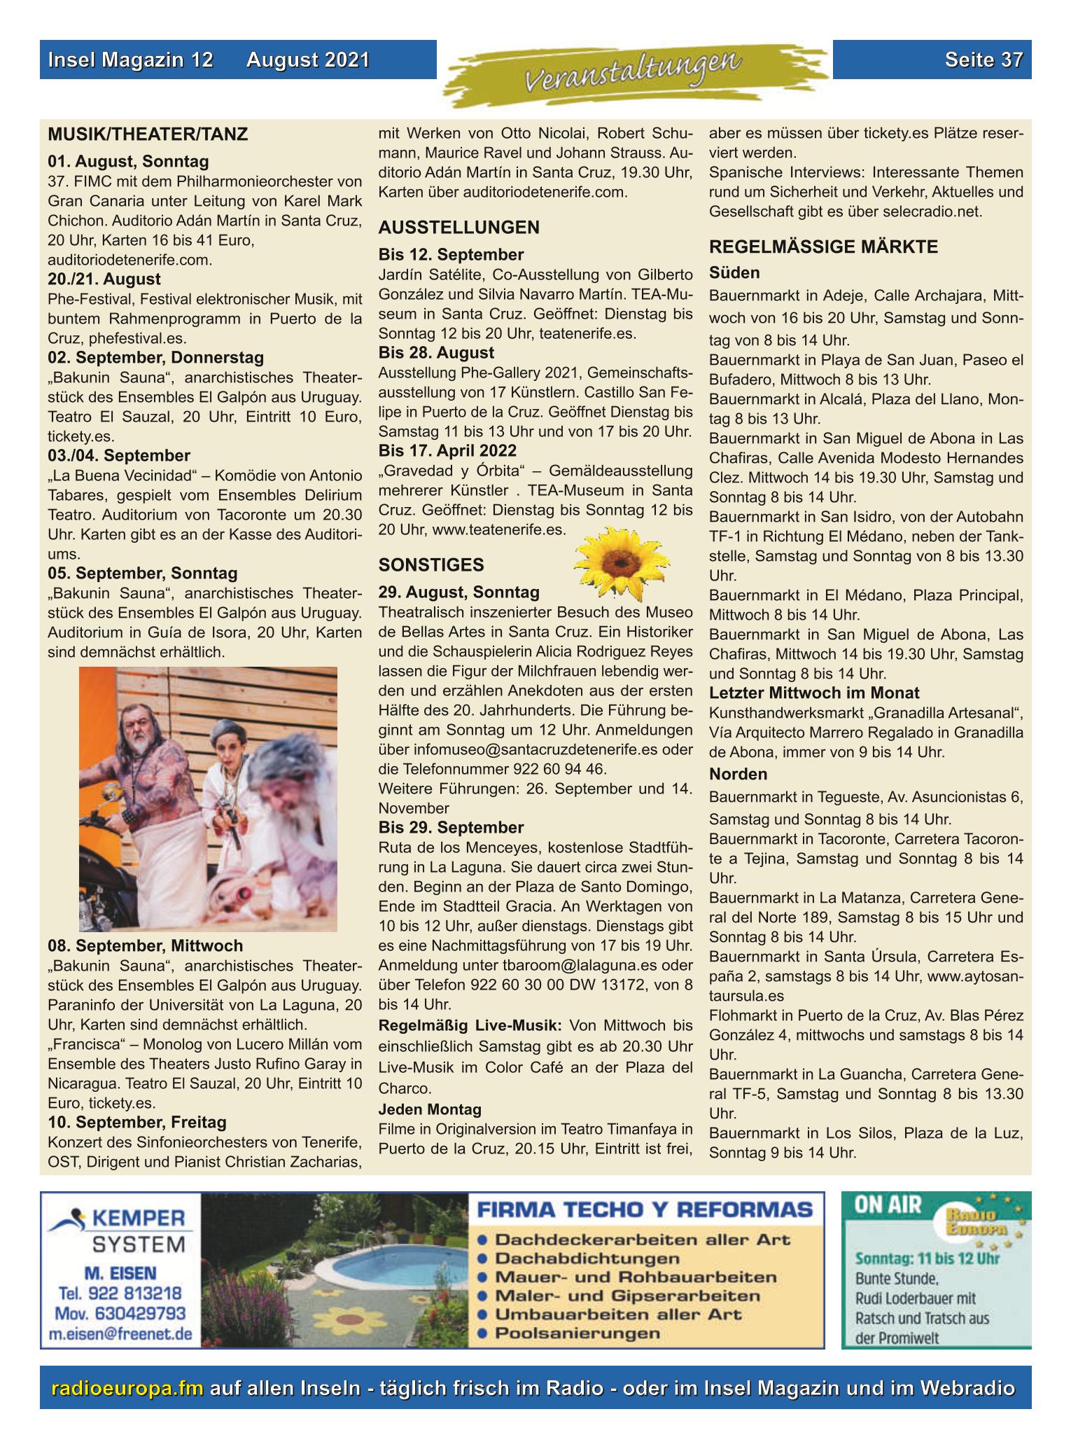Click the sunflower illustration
click(621, 564)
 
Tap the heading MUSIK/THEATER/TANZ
click(148, 134)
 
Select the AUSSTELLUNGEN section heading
click(458, 227)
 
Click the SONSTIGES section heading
click(431, 564)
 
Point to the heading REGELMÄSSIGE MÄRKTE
click(823, 247)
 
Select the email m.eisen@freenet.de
click(121, 1333)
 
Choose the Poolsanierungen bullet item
click(577, 1333)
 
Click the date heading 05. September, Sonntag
click(143, 573)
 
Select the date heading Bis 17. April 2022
click(447, 450)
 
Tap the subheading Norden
click(738, 774)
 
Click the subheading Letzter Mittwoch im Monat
click(814, 693)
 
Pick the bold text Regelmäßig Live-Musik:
click(470, 1025)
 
